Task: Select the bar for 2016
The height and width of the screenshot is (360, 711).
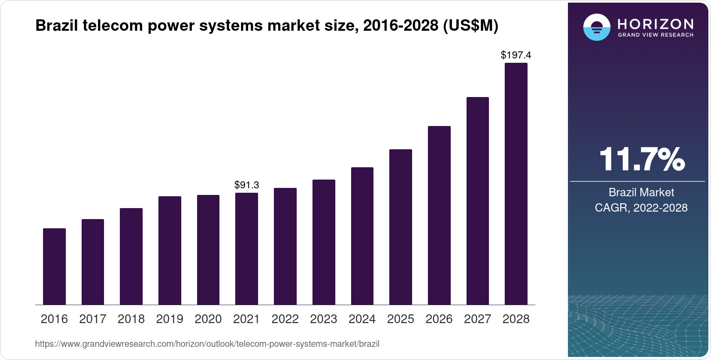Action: [54, 266]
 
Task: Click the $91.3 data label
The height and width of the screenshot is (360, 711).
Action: [247, 185]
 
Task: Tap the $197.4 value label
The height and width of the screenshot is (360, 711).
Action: [516, 55]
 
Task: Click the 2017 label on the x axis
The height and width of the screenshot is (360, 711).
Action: [93, 319]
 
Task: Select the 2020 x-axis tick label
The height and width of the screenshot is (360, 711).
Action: [208, 319]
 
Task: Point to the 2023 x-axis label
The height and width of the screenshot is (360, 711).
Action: [323, 319]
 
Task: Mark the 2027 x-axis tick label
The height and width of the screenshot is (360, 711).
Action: [478, 319]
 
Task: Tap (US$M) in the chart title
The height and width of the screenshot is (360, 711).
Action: [470, 26]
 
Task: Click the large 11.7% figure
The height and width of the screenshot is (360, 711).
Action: [641, 159]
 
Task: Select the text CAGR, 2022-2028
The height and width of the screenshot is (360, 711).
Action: [641, 208]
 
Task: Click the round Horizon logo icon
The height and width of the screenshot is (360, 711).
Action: [596, 27]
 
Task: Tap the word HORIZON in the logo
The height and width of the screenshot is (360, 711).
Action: [656, 24]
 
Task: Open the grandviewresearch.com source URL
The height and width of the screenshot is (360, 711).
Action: [207, 344]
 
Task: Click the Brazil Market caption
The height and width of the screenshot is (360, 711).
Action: [641, 192]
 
